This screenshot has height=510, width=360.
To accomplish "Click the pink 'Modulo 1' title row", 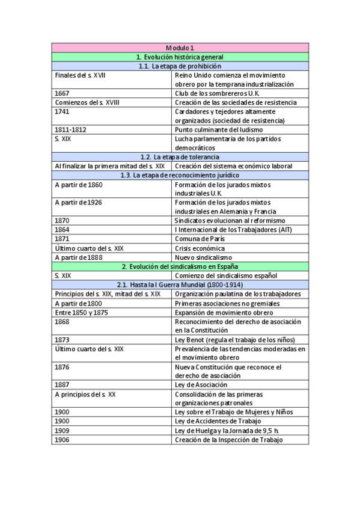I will (x=180, y=48).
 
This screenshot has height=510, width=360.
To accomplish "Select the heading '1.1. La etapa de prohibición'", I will (x=180, y=66).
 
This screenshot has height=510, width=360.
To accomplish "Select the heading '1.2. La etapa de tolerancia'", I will (x=180, y=157).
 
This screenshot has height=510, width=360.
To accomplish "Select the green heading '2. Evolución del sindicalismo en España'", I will (x=180, y=266).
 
